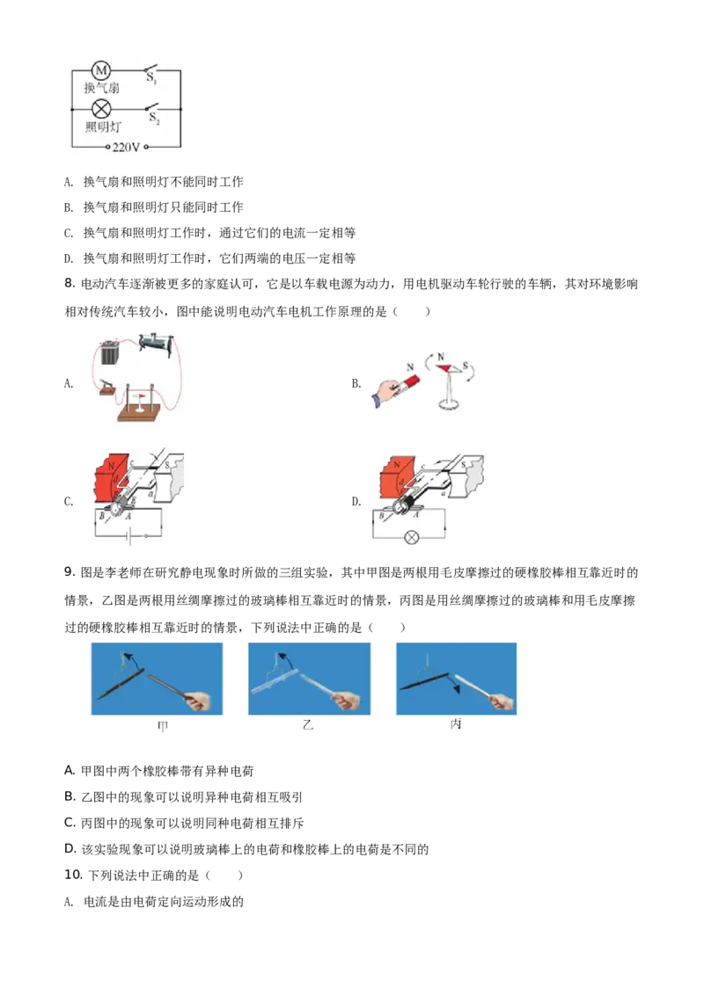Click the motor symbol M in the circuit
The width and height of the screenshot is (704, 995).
(x=102, y=70)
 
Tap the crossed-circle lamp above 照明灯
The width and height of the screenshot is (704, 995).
(x=102, y=109)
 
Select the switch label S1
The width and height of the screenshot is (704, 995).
(x=151, y=79)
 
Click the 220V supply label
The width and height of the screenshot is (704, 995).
(x=126, y=147)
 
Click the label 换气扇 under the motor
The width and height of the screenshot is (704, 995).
(x=102, y=88)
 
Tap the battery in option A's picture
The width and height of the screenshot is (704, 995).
(x=111, y=352)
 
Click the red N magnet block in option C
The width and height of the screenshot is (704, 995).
(x=112, y=481)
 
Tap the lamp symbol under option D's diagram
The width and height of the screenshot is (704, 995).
(x=412, y=538)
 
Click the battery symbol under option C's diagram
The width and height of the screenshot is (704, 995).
(x=128, y=537)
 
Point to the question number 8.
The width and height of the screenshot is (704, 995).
(x=70, y=283)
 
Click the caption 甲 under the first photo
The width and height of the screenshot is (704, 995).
(x=163, y=726)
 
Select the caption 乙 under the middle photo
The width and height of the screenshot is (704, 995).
(x=308, y=724)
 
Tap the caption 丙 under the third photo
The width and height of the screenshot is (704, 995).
(x=456, y=724)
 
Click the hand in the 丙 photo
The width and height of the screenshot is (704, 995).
(x=502, y=702)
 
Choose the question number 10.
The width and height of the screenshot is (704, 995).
(x=73, y=875)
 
